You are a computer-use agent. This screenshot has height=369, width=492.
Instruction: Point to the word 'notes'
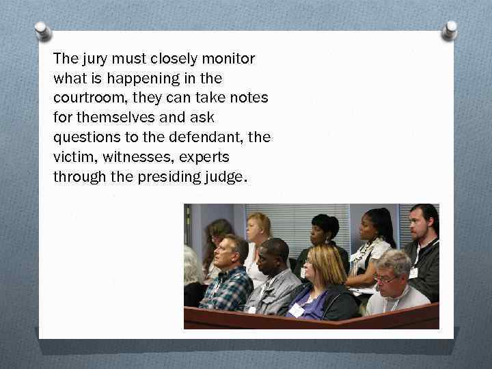pyautogui.click(x=249, y=98)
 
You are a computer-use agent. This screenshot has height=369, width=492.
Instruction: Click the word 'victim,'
pyautogui.click(x=71, y=156)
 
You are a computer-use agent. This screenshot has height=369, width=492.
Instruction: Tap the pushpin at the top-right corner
pyautogui.click(x=450, y=30)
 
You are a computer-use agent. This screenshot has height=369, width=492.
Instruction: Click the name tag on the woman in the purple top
pyautogui.click(x=297, y=310)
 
